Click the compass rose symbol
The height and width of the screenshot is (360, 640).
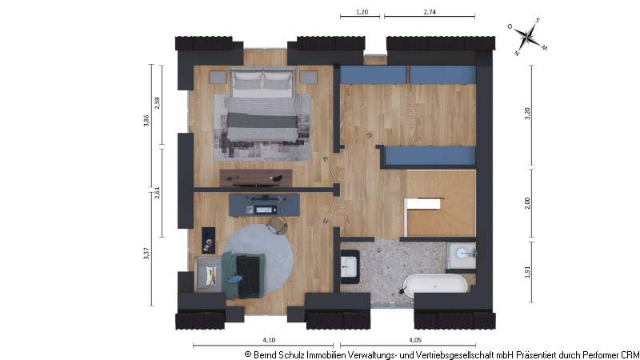[x=528, y=36]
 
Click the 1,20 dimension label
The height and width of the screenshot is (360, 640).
[x=362, y=12]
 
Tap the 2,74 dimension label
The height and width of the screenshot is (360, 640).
[x=430, y=12]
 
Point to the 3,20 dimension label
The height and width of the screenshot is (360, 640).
[x=527, y=113]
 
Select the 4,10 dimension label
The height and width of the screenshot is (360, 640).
[x=269, y=339]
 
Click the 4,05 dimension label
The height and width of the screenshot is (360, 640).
[x=415, y=339]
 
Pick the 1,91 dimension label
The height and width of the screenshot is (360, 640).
[x=527, y=272]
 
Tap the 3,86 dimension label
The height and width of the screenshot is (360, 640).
[x=146, y=121]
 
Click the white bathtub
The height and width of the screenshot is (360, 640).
[x=435, y=284]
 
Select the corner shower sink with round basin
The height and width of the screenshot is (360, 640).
[x=462, y=256]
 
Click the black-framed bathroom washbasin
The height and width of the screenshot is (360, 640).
[x=350, y=266]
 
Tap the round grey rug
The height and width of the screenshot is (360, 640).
[x=258, y=258]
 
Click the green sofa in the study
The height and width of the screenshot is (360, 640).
[x=243, y=275]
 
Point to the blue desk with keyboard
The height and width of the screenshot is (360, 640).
[x=264, y=205]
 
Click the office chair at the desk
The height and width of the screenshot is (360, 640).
[x=277, y=226]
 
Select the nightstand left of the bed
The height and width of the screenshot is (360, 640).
[x=218, y=77]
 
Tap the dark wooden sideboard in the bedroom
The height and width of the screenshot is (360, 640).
[x=256, y=178]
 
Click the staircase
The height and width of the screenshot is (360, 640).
[x=441, y=203]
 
